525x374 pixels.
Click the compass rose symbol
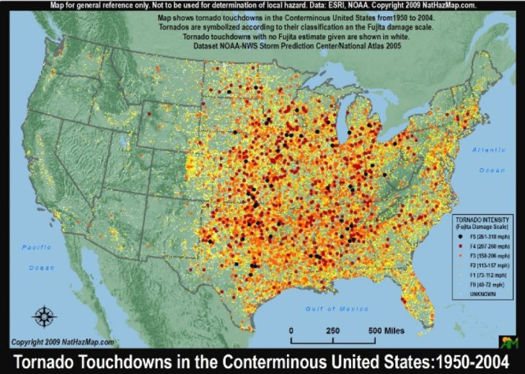(x=44, y=316)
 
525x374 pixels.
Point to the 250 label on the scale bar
(x=332, y=330)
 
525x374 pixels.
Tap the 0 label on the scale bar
(x=292, y=330)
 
